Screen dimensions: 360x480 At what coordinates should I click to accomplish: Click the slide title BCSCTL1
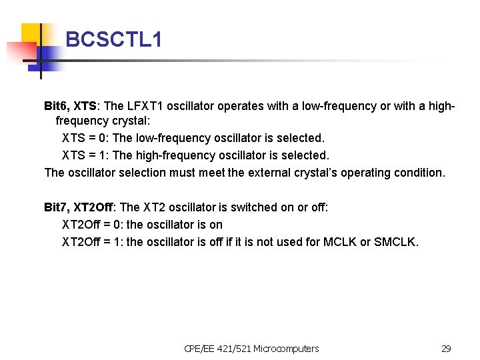[x=114, y=40]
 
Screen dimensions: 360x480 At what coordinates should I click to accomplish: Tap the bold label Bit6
[x=57, y=106]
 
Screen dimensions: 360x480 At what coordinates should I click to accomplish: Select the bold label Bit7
[x=57, y=207]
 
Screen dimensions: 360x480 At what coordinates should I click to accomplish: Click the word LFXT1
[x=145, y=106]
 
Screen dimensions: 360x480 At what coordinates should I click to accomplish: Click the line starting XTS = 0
[x=193, y=138]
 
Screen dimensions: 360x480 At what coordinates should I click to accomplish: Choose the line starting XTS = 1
[x=195, y=155]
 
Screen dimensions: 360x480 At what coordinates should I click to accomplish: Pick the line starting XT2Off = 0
[x=142, y=225]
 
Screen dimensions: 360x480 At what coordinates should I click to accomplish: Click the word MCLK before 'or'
[x=340, y=242]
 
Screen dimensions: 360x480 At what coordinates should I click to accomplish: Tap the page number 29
[x=446, y=348]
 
